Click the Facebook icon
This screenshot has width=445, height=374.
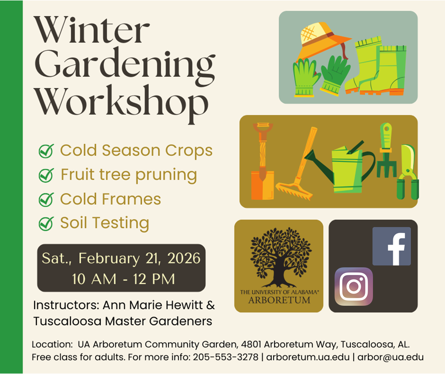[391, 246]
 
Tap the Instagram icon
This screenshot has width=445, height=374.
[354, 286]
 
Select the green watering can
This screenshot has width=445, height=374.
[341, 167]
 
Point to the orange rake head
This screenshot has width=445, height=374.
[294, 191]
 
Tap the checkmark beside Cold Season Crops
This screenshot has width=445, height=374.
[46, 151]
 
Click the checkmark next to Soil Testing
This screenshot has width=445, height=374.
[46, 223]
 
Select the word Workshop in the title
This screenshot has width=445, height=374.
[121, 103]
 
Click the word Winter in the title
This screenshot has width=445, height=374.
[91, 30]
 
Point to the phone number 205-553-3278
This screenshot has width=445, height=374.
[226, 357]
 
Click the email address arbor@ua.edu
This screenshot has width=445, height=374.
[391, 357]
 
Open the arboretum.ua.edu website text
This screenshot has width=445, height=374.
[308, 357]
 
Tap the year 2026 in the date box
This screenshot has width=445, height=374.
[184, 258]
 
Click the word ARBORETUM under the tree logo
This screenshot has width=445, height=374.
[279, 300]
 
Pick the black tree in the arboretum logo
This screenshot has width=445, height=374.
[281, 257]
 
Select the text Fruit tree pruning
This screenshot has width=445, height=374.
[129, 175]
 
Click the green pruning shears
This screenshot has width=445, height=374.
[408, 172]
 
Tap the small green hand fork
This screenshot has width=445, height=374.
[386, 150]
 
